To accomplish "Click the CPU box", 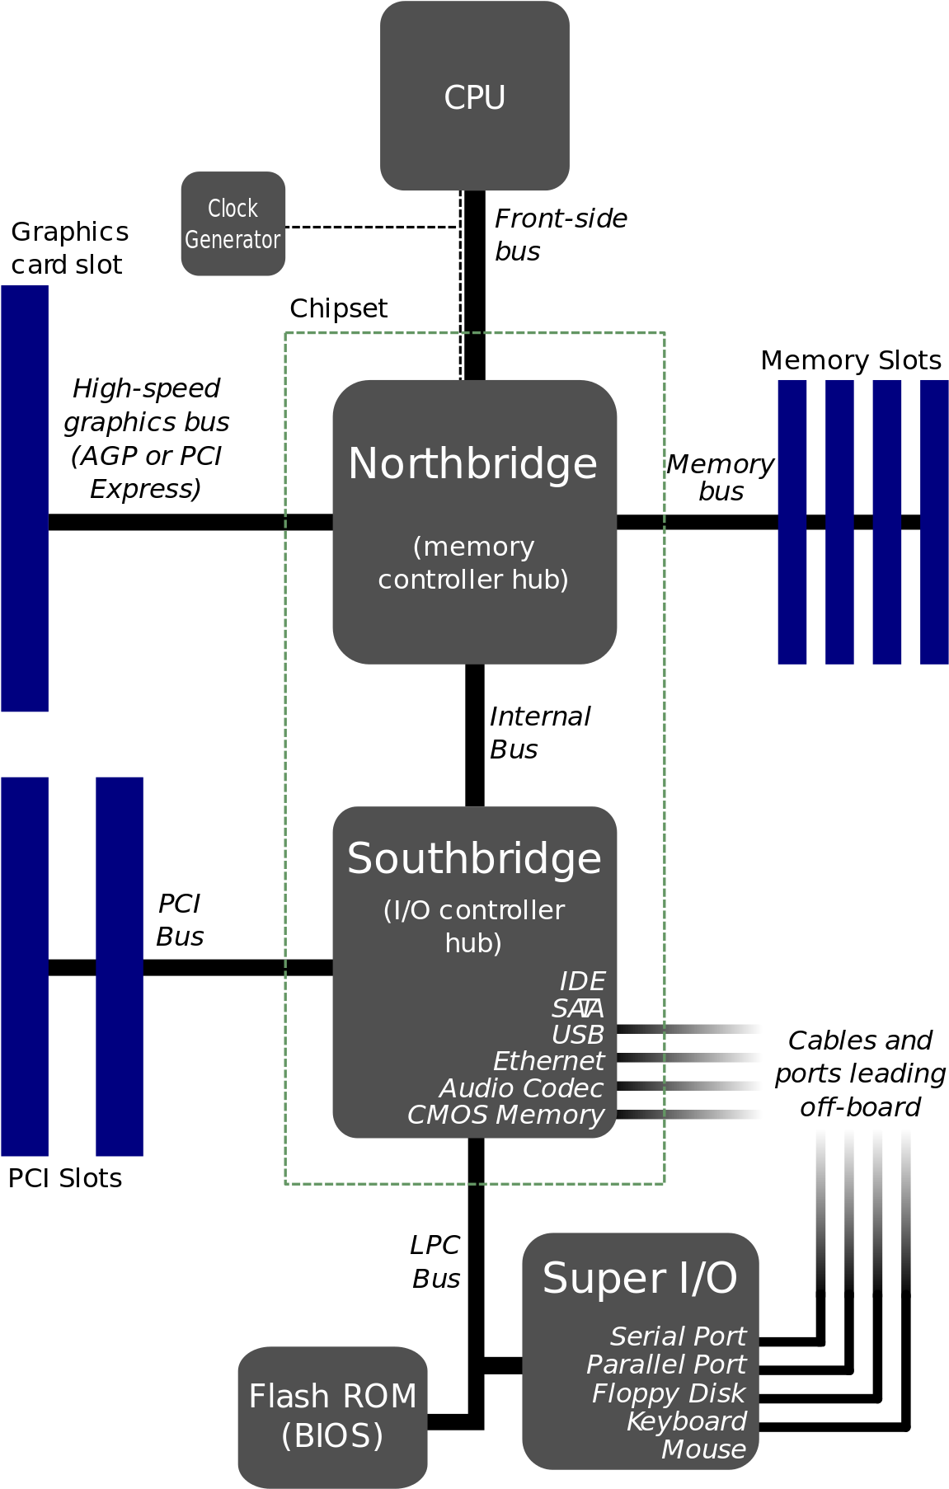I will coord(474,96).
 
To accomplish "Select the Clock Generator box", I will coord(233,223).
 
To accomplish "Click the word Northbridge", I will coord(472,463).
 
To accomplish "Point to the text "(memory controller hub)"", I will coord(473,563).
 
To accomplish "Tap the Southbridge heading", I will coord(474,858).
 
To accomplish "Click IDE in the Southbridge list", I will coord(582,981).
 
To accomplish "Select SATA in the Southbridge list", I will coord(577,1008).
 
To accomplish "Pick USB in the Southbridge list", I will coord(577,1035).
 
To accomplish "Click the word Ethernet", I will coord(548,1061).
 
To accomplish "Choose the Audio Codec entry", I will coord(521,1088).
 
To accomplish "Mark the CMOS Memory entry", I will coord(505,1115).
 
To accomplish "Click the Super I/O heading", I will coord(640,1278).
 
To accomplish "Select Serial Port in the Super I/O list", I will coord(678,1336).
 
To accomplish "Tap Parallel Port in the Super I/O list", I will coord(665,1365).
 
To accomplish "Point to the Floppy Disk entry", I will coord(668,1393).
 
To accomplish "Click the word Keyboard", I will coord(686,1421).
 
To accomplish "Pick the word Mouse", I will coord(703,1449).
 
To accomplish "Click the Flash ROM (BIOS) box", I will coord(332,1416).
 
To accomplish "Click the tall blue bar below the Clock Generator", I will coord(25,498).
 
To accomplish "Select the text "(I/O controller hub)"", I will coord(474,926).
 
